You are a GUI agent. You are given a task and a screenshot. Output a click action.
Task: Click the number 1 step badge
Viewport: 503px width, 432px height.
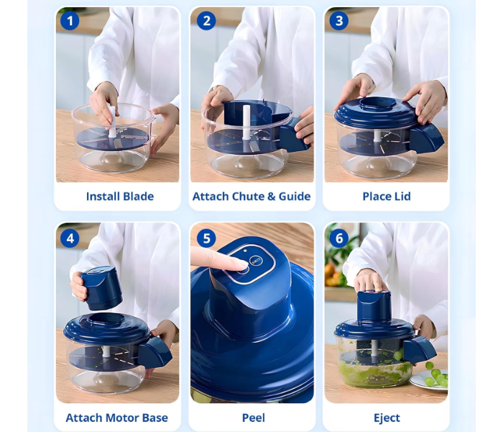(70, 21)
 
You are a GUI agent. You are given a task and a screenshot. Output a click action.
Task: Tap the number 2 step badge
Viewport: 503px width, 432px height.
(206, 21)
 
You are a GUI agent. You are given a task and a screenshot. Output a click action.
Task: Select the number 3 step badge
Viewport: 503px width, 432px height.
(338, 21)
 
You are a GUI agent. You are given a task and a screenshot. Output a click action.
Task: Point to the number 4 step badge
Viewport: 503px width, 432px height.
(70, 238)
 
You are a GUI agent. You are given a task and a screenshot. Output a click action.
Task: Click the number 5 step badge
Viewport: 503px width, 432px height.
(206, 238)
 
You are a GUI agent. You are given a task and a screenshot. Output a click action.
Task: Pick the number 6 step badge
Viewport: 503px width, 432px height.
(338, 238)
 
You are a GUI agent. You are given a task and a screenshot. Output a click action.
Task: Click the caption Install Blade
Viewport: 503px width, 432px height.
(119, 196)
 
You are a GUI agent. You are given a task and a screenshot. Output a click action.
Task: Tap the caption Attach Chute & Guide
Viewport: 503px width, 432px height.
(251, 196)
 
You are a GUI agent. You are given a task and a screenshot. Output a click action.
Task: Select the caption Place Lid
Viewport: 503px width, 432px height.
(387, 196)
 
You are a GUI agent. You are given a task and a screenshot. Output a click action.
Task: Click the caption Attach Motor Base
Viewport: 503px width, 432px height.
(116, 418)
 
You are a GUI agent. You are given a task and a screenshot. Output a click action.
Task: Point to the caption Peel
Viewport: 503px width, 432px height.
(253, 418)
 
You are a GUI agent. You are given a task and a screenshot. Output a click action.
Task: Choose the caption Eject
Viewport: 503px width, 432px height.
(387, 418)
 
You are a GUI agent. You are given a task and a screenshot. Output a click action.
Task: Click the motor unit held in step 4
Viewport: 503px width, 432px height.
(101, 287)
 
